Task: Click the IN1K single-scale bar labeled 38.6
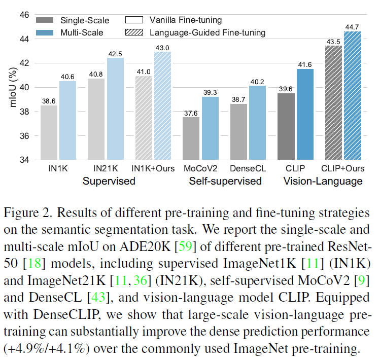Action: point(49,133)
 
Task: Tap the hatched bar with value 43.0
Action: point(163,106)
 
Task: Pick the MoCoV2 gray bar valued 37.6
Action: point(191,139)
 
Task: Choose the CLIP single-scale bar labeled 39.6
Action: point(287,127)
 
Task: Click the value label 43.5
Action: point(333,41)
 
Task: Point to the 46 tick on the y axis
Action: point(23,15)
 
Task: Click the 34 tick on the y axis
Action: point(23,161)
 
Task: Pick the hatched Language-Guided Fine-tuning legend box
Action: point(133,33)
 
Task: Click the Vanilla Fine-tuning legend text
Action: point(186,21)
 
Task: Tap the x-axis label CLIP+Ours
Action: point(342,168)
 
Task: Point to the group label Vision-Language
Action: point(323,181)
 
